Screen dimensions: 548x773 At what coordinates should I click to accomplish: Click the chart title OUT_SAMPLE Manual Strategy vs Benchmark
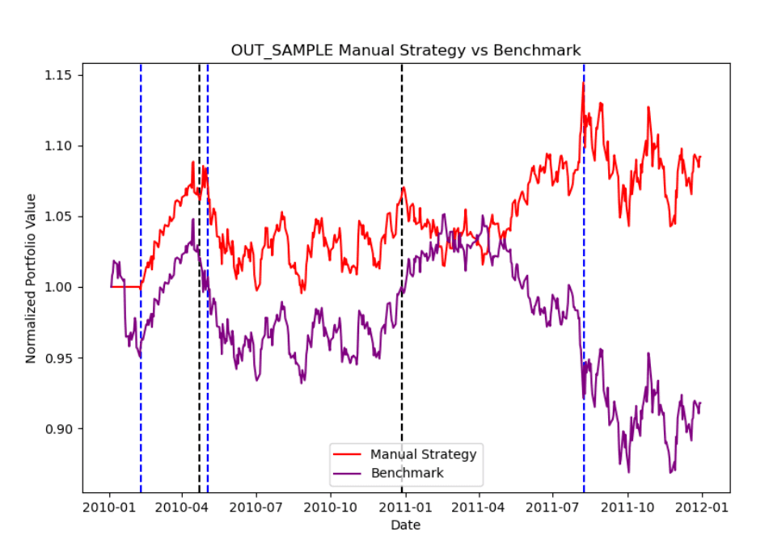click(x=406, y=50)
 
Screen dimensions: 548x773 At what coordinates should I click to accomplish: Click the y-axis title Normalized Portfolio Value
click(x=31, y=278)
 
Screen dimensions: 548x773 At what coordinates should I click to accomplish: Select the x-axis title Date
click(x=406, y=525)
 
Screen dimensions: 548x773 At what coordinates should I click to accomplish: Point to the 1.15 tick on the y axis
click(x=58, y=75)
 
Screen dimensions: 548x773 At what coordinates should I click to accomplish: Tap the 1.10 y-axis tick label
click(x=58, y=145)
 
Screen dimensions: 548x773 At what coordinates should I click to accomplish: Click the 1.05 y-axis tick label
click(x=58, y=217)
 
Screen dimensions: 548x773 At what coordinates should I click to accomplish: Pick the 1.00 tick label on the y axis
click(x=58, y=287)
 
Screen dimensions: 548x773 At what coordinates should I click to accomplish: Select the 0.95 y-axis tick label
click(x=58, y=358)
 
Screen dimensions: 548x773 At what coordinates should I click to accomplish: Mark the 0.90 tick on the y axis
click(x=58, y=428)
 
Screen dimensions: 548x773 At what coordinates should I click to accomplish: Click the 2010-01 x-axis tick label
click(x=111, y=508)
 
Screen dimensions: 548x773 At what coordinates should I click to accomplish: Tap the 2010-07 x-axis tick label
click(x=256, y=508)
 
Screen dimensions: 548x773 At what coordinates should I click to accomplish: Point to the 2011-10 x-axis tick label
click(x=627, y=508)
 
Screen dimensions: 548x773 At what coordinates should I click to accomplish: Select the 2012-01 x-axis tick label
click(x=702, y=508)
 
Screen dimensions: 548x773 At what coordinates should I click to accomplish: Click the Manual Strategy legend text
click(x=423, y=454)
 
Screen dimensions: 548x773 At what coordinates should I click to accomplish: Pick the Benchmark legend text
click(x=407, y=473)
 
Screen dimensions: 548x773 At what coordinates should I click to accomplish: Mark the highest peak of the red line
click(x=582, y=82)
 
